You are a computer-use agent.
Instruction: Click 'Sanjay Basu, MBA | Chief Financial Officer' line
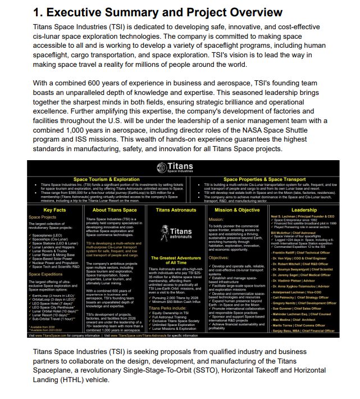[308, 331]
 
